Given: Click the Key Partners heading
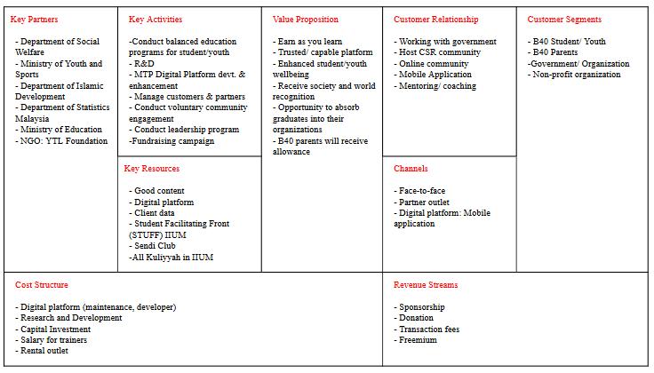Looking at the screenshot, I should pyautogui.click(x=34, y=20).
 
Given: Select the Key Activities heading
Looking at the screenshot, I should pyautogui.click(x=156, y=20).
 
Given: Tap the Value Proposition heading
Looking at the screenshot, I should pyautogui.click(x=306, y=20).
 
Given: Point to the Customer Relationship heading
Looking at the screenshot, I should pyautogui.click(x=435, y=20).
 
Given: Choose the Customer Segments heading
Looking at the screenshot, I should pyautogui.click(x=564, y=20).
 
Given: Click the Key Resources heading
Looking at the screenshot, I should pyautogui.click(x=152, y=169).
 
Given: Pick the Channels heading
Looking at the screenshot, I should pyautogui.click(x=411, y=169).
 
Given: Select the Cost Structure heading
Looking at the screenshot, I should pyautogui.click(x=42, y=285).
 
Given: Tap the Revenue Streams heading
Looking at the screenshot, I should pyautogui.click(x=426, y=285).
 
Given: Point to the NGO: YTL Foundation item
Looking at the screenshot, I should pyautogui.click(x=61, y=141).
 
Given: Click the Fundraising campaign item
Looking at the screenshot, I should pyautogui.click(x=171, y=141).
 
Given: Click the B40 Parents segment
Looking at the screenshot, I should pyautogui.click(x=554, y=52).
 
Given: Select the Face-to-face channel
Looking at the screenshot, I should pyautogui.click(x=420, y=191).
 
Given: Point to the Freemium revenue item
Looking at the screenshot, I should pyautogui.click(x=418, y=340).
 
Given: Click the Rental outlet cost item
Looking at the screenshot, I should pyautogui.click(x=43, y=351).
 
